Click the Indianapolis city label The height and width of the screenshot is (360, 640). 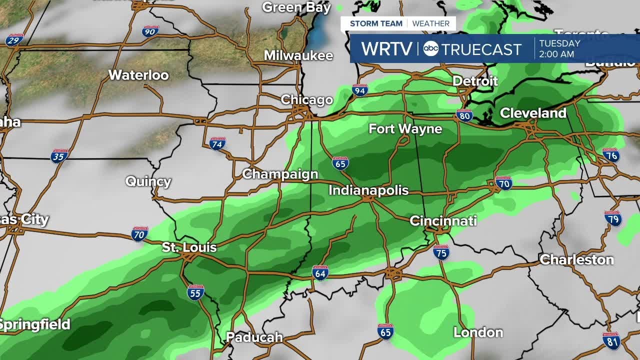pos(368,190)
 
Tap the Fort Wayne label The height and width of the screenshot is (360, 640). pos(405,129)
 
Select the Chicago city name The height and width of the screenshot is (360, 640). pos(306,99)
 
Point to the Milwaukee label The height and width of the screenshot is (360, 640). pos(298,55)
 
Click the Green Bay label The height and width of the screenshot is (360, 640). pos(296,7)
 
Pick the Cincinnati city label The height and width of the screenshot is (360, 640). pos(443,221)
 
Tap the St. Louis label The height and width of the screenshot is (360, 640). pos(189,247)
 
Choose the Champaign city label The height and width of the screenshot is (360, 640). pos(280,174)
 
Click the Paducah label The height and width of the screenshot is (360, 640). pos(254,337)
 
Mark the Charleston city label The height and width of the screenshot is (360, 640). pos(576,259)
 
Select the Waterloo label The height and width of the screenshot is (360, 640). pos(138,75)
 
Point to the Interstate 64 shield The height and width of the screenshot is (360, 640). pos(320,272)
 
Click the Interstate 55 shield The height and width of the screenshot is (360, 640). pos(195,292)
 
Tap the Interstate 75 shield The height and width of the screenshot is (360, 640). pos(441,252)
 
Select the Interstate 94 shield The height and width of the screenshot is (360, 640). pos(359,90)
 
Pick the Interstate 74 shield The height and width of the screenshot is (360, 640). pos(217,143)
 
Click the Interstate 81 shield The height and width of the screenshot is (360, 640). pos(611,340)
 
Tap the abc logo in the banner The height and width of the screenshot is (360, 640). pos(430,48)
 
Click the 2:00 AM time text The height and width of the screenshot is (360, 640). pos(556,54)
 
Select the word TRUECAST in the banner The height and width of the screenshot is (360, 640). pos(481,49)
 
